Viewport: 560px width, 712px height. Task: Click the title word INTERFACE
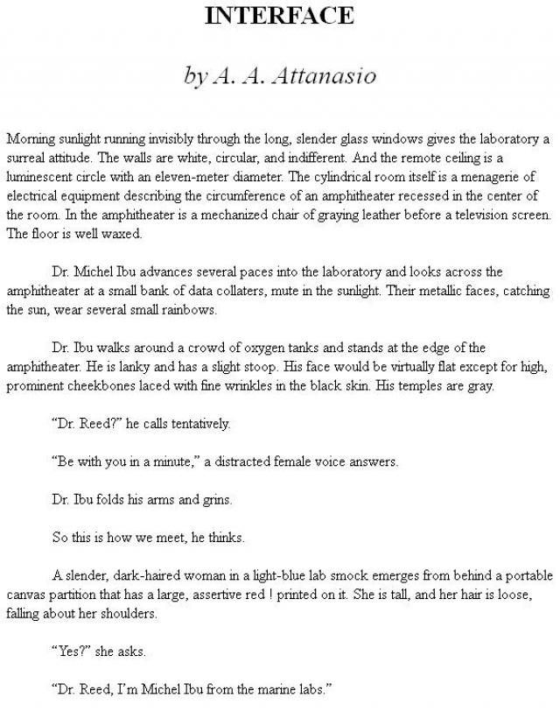tap(279, 15)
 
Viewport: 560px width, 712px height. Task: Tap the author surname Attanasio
tap(324, 76)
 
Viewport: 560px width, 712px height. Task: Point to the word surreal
tap(24, 158)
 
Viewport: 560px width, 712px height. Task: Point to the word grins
tap(216, 500)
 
